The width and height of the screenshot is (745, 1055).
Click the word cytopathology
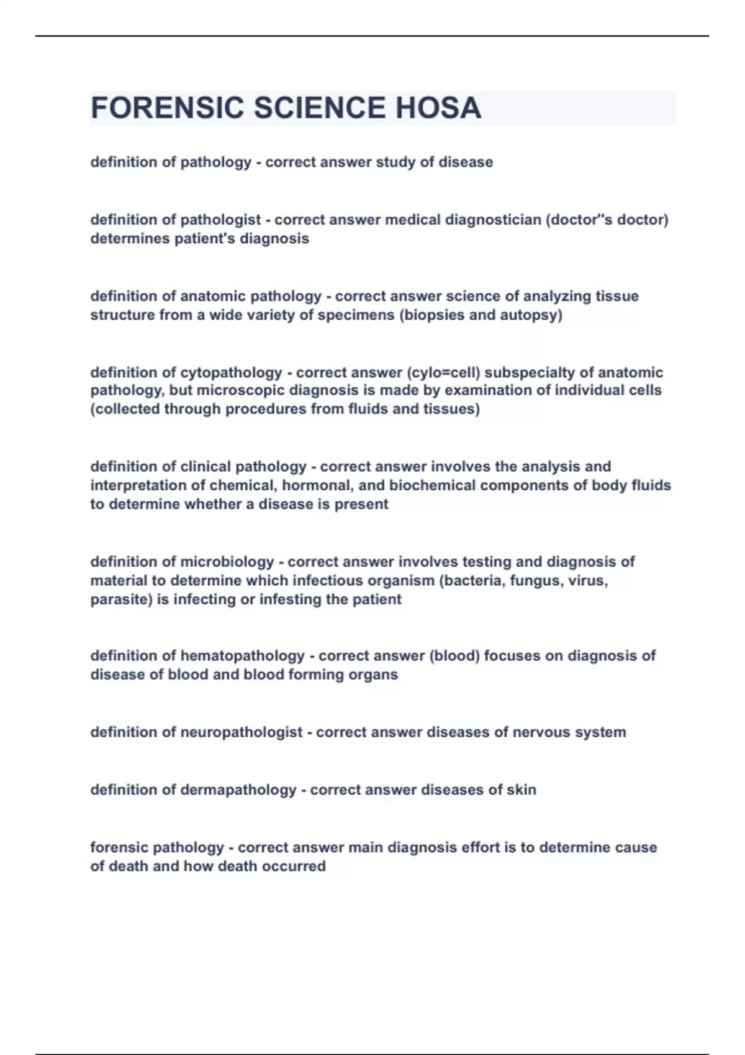tap(231, 372)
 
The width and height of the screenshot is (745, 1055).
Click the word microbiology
tap(227, 562)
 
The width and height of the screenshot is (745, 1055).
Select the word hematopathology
tap(242, 656)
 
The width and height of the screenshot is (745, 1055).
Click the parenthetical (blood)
tap(454, 656)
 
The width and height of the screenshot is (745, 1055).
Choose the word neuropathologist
tap(241, 732)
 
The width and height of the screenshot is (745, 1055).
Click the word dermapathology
tap(238, 790)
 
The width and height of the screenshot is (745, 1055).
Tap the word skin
tap(521, 790)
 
